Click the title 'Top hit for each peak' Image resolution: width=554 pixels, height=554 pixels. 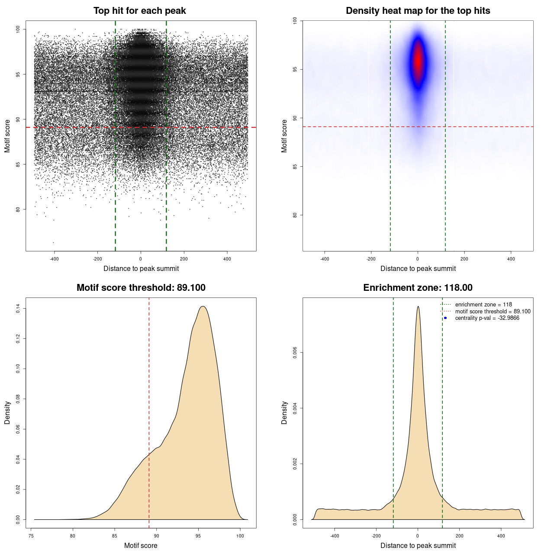[139, 11]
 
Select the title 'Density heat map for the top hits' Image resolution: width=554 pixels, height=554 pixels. [418, 11]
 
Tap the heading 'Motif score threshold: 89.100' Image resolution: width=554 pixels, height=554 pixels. [141, 288]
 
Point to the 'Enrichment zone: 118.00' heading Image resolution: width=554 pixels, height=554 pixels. [418, 288]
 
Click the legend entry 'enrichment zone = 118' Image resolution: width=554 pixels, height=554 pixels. [483, 305]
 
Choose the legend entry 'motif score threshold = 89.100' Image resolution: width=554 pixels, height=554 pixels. [493, 312]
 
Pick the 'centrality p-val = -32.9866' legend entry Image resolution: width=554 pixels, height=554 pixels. [487, 318]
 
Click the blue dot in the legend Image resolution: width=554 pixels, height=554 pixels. [445, 318]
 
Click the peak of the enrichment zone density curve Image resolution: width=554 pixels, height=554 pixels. [418, 307]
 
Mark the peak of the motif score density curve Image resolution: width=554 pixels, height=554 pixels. [203, 307]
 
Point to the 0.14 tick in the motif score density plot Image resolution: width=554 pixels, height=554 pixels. [18, 309]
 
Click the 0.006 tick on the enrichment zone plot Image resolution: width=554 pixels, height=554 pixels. [295, 353]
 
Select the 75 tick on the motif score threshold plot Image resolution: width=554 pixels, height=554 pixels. [31, 536]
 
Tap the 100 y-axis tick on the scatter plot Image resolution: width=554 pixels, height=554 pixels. [18, 29]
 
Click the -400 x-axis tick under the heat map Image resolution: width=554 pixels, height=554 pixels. [325, 259]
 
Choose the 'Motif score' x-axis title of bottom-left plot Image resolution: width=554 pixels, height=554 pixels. [141, 545]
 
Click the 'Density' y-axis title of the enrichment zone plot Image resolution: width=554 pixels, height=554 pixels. [284, 412]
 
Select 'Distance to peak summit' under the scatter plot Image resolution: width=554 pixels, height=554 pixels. [141, 268]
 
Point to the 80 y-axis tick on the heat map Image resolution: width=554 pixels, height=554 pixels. [295, 215]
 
